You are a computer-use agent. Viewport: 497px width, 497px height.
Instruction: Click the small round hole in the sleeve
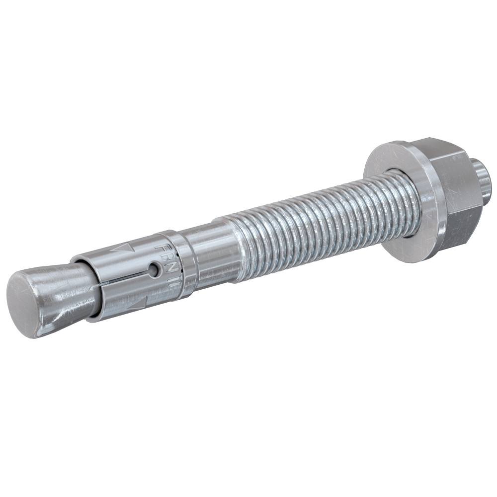[x=156, y=270]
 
